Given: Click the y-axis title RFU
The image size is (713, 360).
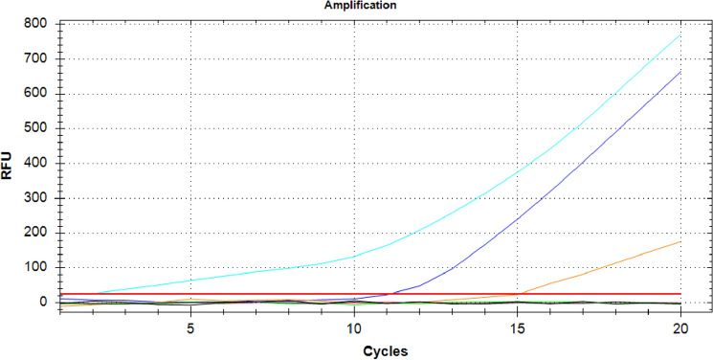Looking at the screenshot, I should point(8,164).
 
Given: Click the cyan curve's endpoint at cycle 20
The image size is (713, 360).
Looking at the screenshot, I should point(680,34).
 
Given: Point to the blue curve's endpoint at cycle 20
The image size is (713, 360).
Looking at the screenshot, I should point(680,72).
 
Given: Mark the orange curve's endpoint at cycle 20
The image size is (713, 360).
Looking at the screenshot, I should point(680,241).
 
